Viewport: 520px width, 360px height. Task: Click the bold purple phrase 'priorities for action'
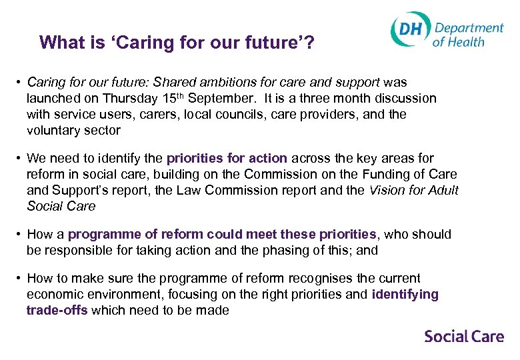pos(227,159)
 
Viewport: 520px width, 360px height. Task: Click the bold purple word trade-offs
pos(57,311)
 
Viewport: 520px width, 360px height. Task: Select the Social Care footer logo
pos(464,336)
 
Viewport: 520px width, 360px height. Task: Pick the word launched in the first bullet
pos(51,99)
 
